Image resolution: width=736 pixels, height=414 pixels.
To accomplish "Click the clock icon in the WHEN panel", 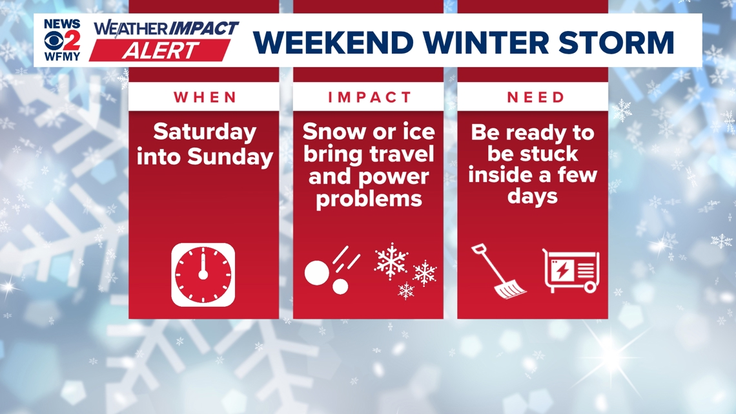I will click(203, 274).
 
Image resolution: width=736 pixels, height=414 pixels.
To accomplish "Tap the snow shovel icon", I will click(498, 272).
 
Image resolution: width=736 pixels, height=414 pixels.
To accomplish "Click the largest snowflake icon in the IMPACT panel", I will click(391, 261).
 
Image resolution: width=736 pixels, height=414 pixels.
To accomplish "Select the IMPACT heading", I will click(369, 98).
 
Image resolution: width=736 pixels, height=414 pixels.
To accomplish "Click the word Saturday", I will click(205, 132).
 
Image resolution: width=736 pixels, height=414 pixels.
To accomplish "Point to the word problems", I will click(368, 198).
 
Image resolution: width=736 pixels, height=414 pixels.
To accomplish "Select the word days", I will click(533, 196).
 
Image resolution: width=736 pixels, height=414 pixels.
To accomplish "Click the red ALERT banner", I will click(159, 50).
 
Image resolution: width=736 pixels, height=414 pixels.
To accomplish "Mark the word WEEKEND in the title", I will click(332, 42).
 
